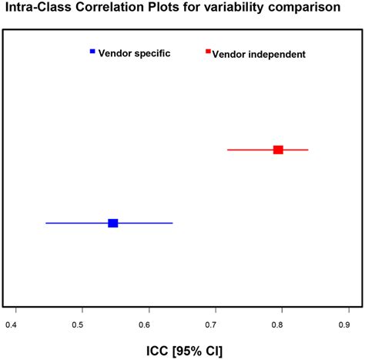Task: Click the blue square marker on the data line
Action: tap(112, 223)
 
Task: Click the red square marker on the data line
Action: tap(278, 150)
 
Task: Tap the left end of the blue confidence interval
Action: tap(46, 223)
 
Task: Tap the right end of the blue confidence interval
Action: tap(172, 223)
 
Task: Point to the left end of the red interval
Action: tap(227, 150)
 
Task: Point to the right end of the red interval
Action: tap(308, 150)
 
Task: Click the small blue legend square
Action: tap(92, 51)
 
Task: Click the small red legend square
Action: tap(208, 51)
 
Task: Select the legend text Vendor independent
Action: tap(259, 54)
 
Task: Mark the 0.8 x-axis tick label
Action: tap(282, 326)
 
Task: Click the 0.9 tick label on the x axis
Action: tap(348, 326)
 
